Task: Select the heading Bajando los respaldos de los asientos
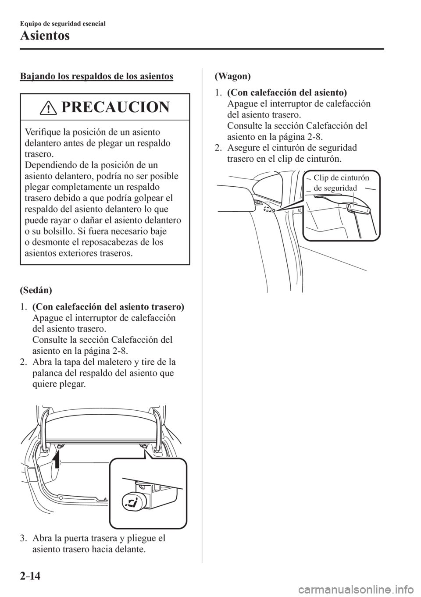pos(96,77)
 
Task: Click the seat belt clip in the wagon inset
pos(353,208)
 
